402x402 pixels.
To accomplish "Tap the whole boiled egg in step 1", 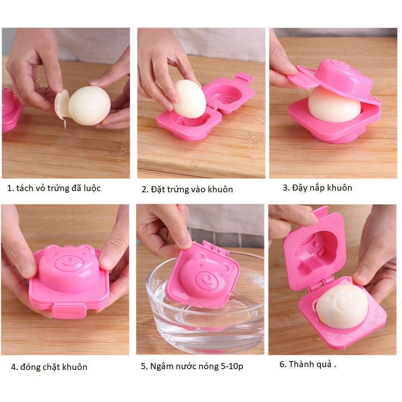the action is pos(90,105).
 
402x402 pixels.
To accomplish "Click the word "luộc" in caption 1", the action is pos(92,189).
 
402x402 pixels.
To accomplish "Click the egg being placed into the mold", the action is pos(189,99).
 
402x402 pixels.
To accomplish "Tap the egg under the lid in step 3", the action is pos(334,105).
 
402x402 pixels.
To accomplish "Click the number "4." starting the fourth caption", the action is pos(14,367).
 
